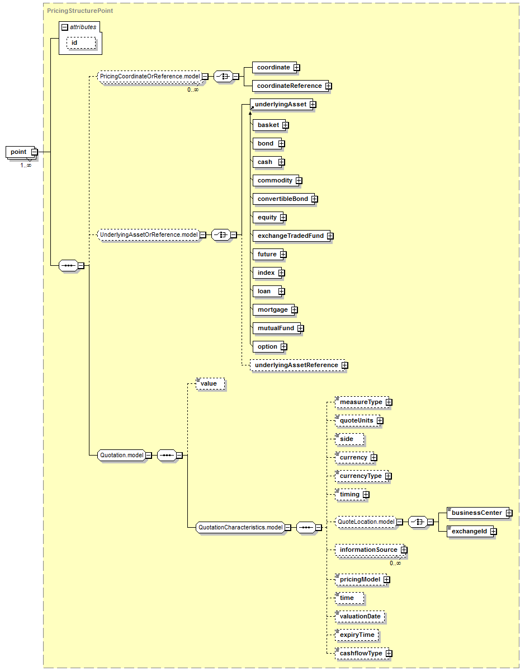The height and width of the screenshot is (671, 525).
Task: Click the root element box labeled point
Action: coord(18,152)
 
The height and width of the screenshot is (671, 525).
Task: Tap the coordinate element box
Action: coord(273,68)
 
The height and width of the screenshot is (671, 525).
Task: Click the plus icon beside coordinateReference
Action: coord(328,86)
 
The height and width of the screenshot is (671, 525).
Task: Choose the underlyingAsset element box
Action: coord(280,105)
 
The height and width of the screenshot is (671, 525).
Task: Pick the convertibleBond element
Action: coord(282,199)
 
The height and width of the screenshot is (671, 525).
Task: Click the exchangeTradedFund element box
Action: coord(290,236)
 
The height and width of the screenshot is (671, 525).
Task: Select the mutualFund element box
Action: coord(275,328)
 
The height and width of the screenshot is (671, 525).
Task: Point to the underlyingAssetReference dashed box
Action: coord(296,365)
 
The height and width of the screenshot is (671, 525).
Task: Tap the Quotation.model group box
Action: coord(121,456)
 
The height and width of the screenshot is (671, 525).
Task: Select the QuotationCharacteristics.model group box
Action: coord(240,527)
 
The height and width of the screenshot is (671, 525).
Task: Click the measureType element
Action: coord(361,402)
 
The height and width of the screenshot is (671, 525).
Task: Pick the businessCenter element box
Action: coord(476,513)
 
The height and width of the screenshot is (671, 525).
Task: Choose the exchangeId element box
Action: coord(469,531)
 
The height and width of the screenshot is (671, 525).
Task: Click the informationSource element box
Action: coord(368,550)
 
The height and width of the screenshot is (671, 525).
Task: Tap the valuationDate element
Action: coord(360,616)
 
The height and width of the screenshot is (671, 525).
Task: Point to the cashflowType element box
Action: coord(361,653)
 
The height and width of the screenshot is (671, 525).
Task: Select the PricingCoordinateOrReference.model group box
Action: coord(149,76)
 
